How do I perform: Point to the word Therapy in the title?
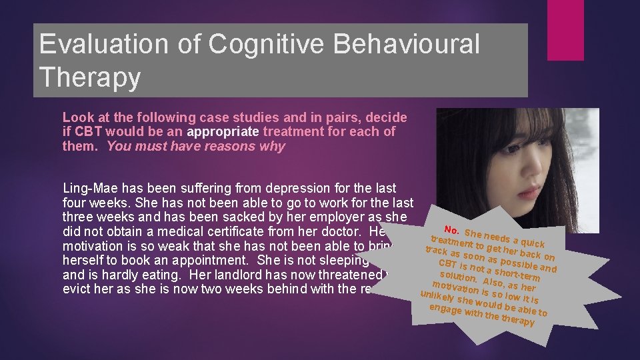90,77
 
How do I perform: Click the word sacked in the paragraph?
215,218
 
